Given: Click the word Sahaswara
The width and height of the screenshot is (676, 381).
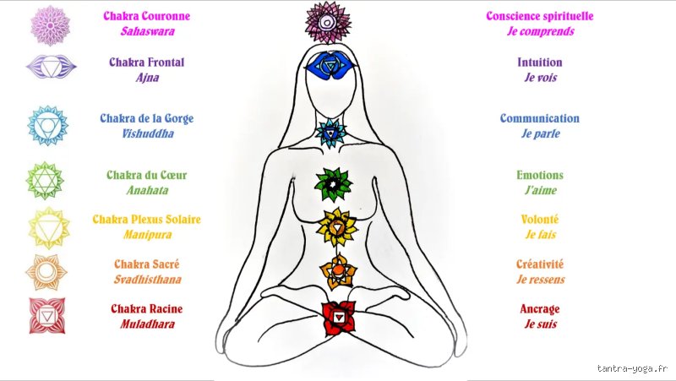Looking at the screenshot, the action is coord(147,31).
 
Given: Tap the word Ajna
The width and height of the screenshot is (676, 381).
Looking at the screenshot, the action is coord(147,78).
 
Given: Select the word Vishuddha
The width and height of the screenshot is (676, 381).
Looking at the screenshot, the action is coord(147,133).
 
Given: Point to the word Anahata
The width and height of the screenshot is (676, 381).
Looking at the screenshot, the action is coord(147,190).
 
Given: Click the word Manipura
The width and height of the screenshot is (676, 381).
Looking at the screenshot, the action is coord(147,235).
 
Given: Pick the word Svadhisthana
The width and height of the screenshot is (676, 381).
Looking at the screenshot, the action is coord(147,280).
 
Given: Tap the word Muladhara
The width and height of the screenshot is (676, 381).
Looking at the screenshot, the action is coord(147,324).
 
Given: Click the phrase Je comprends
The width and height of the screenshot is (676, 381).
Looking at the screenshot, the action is coord(541,31).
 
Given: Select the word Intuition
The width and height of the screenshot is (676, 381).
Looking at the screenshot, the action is coord(540,63).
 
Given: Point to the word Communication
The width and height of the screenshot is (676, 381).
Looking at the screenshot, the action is coord(540,118).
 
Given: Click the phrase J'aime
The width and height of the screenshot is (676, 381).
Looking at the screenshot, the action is coord(541,190).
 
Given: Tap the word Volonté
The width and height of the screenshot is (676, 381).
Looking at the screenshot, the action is coord(540,220).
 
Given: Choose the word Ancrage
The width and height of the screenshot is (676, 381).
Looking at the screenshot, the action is coord(540,309).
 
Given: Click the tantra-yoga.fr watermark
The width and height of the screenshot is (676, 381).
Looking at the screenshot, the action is coord(632,368).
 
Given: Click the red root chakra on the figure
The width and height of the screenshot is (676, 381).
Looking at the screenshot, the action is coord(339,318).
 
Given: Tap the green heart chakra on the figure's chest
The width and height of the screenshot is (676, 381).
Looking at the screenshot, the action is coord(333,184).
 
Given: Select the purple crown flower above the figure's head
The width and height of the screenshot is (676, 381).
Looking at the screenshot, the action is coord(328,23).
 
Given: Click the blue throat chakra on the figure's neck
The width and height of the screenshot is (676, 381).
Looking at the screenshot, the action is coord(330,133).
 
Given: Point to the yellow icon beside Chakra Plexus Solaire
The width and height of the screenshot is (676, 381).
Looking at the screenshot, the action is coord(49,227).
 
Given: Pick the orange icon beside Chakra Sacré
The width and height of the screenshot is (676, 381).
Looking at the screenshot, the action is coord(46,271).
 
